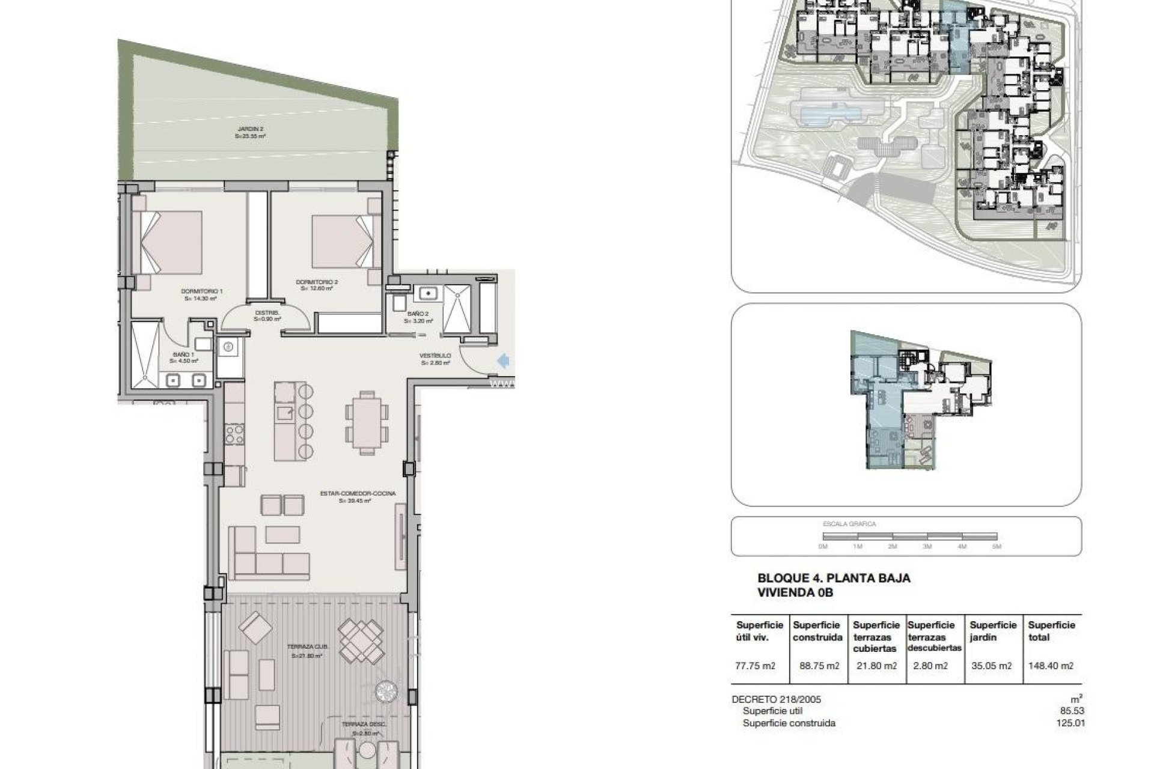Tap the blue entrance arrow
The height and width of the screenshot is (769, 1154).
(x=504, y=360)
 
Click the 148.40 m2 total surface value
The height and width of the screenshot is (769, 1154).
(x=1050, y=666)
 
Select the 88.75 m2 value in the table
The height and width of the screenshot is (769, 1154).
(x=816, y=666)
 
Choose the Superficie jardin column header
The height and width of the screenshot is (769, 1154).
(x=992, y=631)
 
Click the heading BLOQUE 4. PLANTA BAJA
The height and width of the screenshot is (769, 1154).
(x=834, y=578)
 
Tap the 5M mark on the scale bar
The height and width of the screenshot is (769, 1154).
(x=997, y=547)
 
